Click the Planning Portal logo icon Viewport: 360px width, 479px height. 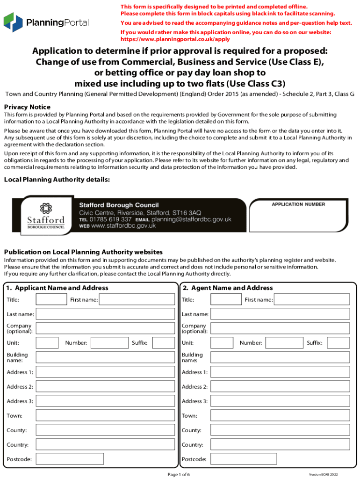coord(13,23)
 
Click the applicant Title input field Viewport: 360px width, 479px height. coord(51,299)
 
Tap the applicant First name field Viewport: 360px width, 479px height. coord(139,299)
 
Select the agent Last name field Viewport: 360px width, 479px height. coord(280,314)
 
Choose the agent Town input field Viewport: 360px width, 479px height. coord(280,416)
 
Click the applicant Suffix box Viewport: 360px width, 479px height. coord(163,343)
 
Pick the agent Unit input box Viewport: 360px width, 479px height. coord(222,343)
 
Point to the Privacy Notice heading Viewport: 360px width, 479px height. coord(27,107)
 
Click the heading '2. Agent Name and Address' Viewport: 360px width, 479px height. coord(228,288)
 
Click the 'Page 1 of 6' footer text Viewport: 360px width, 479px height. coord(179,474)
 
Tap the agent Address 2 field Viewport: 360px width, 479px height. coord(280,387)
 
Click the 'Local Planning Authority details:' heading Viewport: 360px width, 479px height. coord(57,180)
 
